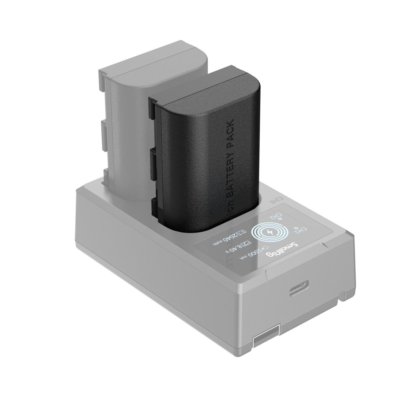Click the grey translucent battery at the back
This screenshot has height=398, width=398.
point(129,110)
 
